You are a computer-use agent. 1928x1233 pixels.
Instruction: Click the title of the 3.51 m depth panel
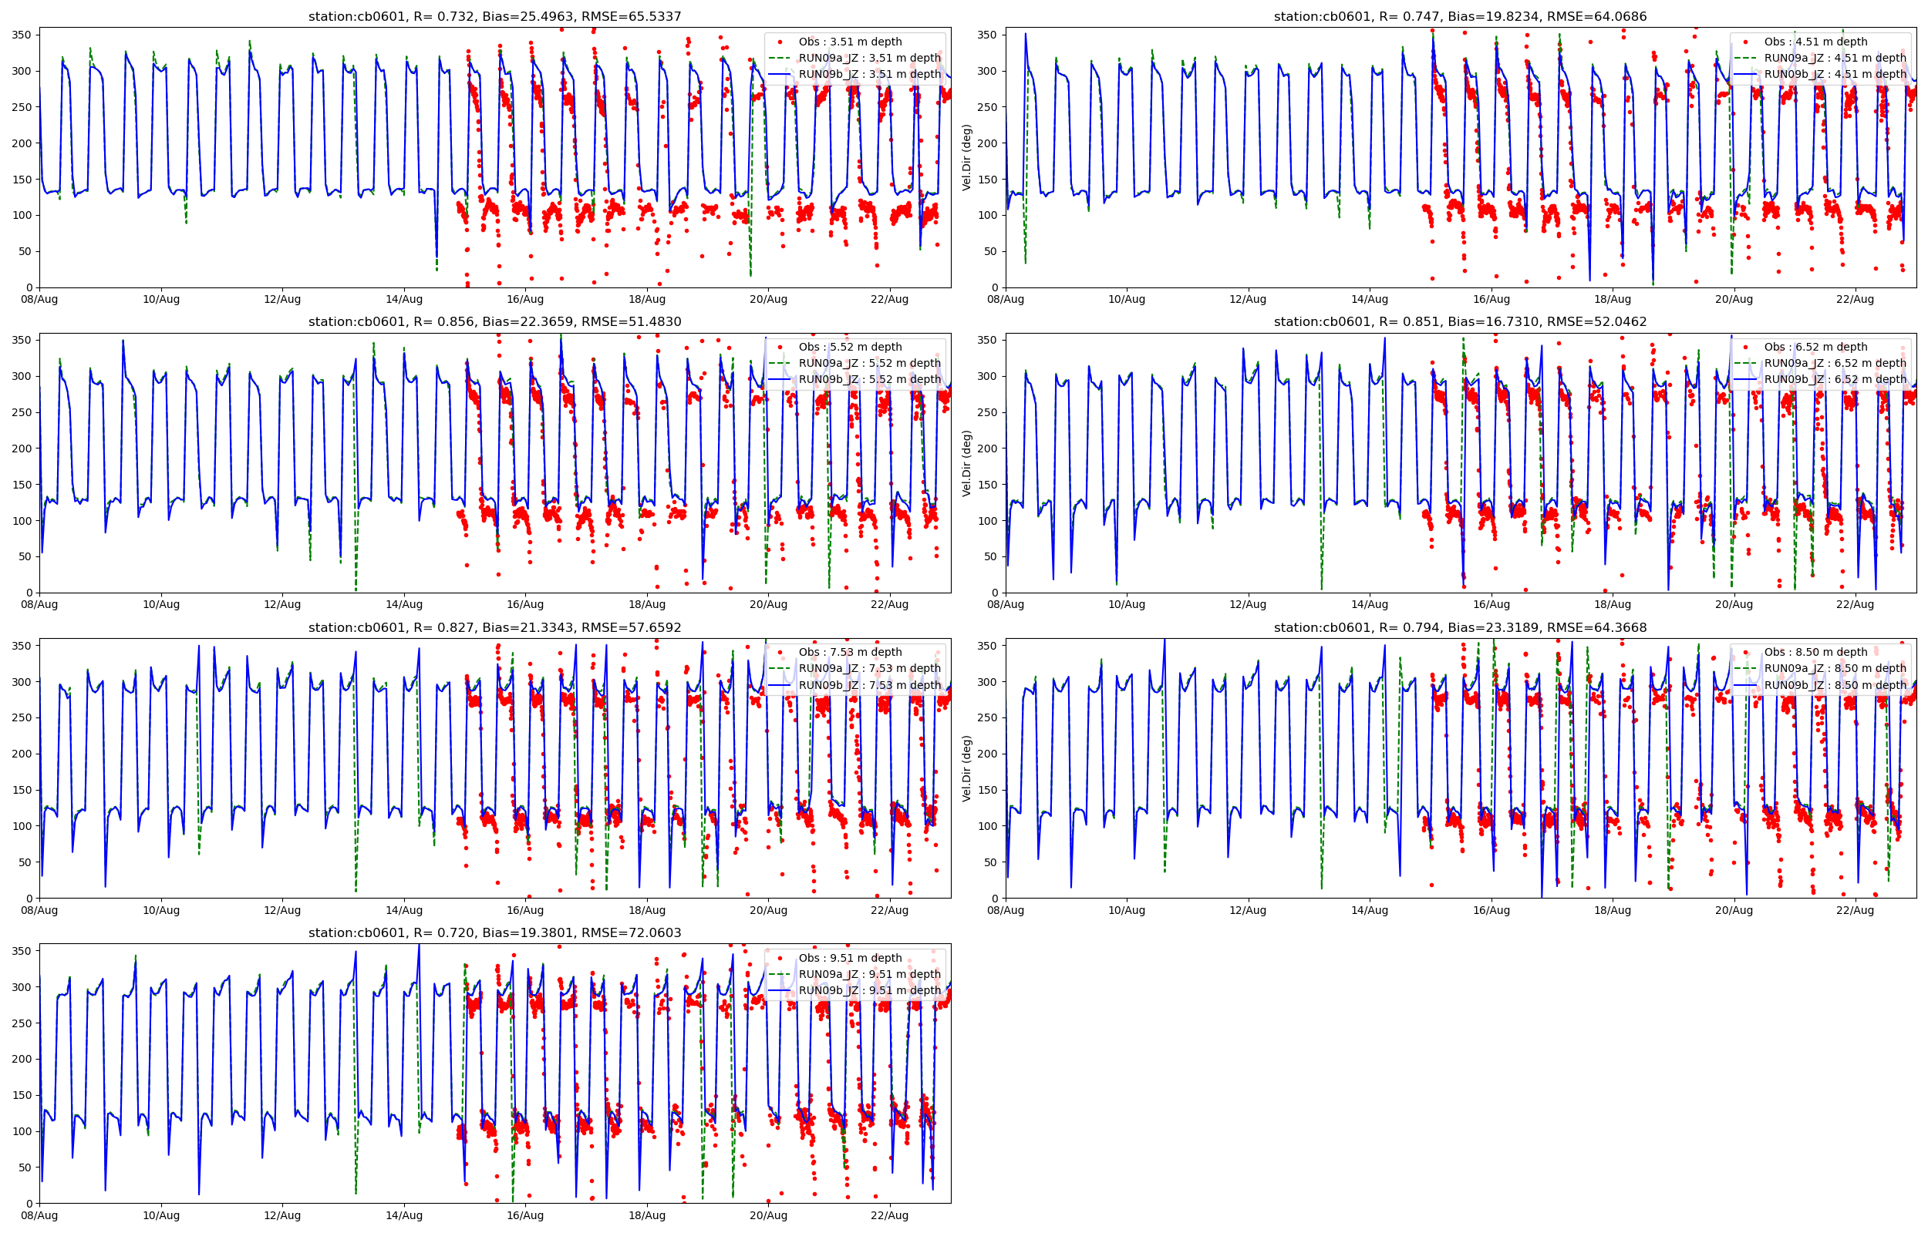[x=494, y=16]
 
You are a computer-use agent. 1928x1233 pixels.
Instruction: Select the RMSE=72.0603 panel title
[x=494, y=932]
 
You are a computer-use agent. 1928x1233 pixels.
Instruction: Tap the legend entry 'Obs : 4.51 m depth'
[x=1815, y=42]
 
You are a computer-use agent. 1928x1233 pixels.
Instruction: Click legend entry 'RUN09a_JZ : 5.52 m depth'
[x=869, y=363]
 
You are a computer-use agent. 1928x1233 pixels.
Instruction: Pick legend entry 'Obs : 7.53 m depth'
[x=850, y=652]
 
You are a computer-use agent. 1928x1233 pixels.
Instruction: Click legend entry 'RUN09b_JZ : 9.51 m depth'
[x=869, y=990]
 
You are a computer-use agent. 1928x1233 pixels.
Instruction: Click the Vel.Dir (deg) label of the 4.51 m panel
[x=967, y=157]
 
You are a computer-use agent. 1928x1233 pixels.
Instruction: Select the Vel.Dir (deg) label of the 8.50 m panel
[x=967, y=768]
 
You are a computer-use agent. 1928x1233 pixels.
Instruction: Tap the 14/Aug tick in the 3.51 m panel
[x=403, y=300]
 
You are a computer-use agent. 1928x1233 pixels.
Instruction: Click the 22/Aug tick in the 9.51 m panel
[x=889, y=1215]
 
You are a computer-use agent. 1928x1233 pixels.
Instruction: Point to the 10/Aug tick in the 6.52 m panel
[x=1126, y=604]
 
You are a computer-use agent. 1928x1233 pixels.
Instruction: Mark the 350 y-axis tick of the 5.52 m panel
[x=22, y=341]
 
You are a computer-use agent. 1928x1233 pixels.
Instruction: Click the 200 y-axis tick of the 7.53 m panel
[x=22, y=754]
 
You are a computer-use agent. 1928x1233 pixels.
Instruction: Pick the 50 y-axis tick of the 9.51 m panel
[x=25, y=1167]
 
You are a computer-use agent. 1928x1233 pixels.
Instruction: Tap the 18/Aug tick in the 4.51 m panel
[x=1613, y=300]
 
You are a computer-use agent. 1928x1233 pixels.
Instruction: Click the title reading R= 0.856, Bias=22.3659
[x=494, y=322]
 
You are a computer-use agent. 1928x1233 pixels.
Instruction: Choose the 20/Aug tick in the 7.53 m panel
[x=768, y=910]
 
